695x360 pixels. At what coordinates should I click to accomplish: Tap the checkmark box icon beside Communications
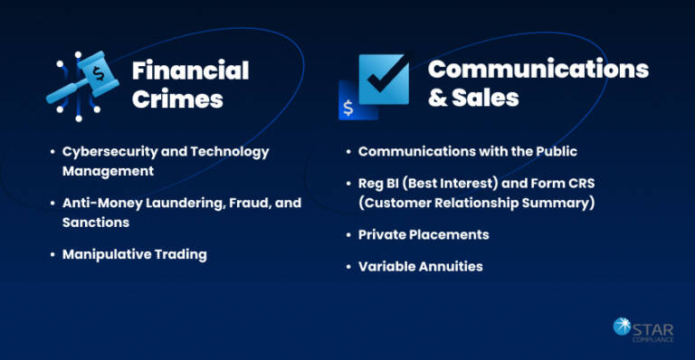pyautogui.click(x=384, y=80)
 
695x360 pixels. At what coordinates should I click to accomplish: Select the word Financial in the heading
pyautogui.click(x=190, y=71)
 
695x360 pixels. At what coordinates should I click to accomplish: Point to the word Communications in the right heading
pyautogui.click(x=538, y=69)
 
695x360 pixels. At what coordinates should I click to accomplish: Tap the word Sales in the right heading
pyautogui.click(x=486, y=98)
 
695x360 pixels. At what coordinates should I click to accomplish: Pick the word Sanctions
pyautogui.click(x=96, y=222)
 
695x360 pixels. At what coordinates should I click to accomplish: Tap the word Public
pyautogui.click(x=554, y=151)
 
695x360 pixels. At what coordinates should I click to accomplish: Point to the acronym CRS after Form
pyautogui.click(x=579, y=184)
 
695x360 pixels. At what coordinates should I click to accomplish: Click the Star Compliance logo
pyautogui.click(x=643, y=330)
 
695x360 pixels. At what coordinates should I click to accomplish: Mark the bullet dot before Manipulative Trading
pyautogui.click(x=52, y=254)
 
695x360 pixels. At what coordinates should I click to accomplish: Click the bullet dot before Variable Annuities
pyautogui.click(x=347, y=266)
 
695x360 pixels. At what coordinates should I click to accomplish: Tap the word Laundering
pyautogui.click(x=185, y=203)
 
